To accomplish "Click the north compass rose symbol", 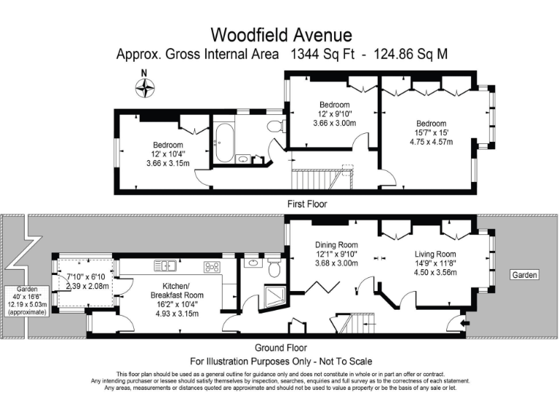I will click(x=146, y=88).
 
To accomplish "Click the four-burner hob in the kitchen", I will click(x=212, y=266).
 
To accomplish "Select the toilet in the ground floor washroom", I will click(x=274, y=268).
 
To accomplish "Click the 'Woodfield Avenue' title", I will click(x=281, y=34).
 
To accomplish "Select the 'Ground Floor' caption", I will click(x=279, y=348).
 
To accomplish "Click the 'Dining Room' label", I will click(x=336, y=244).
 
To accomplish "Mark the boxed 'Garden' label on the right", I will click(x=524, y=275).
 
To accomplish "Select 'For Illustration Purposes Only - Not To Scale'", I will click(x=281, y=362).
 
